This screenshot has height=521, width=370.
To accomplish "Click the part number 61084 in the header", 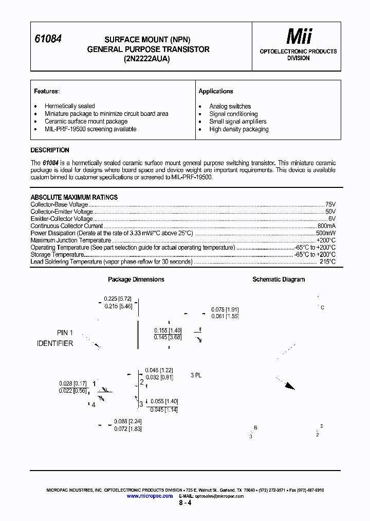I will pyautogui.click(x=48, y=39).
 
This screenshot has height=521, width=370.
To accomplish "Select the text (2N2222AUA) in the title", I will pyautogui.click(x=148, y=58).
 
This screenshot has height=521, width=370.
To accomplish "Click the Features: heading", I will pyautogui.click(x=47, y=91).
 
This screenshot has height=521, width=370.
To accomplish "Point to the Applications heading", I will pyautogui.click(x=216, y=91).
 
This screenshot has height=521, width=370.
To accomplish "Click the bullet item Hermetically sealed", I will pyautogui.click(x=69, y=106).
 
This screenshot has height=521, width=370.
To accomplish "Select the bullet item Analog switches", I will pyautogui.click(x=230, y=106).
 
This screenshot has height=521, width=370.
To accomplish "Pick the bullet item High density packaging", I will pyautogui.click(x=238, y=129).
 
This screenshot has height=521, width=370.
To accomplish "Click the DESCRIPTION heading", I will pyautogui.click(x=50, y=150).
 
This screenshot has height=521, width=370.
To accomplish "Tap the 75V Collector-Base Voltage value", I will pyautogui.click(x=330, y=204).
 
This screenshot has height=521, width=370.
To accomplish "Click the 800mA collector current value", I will pyautogui.click(x=326, y=226).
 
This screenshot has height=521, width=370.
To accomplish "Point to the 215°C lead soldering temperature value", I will pyautogui.click(x=327, y=262).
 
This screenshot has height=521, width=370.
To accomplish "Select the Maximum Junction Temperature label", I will pyautogui.click(x=70, y=240).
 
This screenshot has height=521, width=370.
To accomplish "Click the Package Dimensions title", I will pyautogui.click(x=136, y=280).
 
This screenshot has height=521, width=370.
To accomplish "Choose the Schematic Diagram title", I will pyautogui.click(x=279, y=280).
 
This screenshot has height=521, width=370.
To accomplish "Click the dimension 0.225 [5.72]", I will pyautogui.click(x=118, y=299).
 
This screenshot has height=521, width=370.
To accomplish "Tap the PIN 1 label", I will pyautogui.click(x=65, y=333).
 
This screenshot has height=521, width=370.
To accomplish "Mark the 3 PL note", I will pyautogui.click(x=196, y=375).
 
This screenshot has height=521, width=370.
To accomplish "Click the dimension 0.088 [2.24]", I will pyautogui.click(x=127, y=422).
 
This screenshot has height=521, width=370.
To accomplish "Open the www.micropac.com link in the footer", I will pyautogui.click(x=150, y=496).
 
